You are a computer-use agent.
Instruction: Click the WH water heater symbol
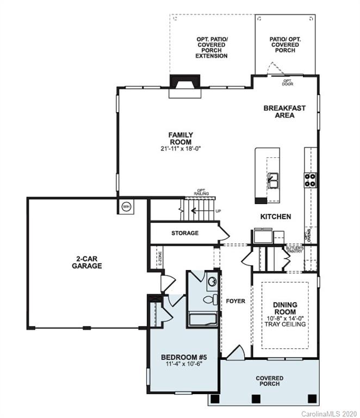click(126, 207)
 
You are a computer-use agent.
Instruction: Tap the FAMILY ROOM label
click(181, 138)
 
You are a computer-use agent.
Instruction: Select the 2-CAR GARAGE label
click(86, 262)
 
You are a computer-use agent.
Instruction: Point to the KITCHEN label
click(275, 217)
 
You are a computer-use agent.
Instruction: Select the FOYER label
click(235, 301)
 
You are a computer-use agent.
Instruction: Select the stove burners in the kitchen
click(311, 180)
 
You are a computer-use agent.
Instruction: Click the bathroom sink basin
click(213, 281)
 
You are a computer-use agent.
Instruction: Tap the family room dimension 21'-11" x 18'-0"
click(181, 149)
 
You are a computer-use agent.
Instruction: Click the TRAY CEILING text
click(285, 324)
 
